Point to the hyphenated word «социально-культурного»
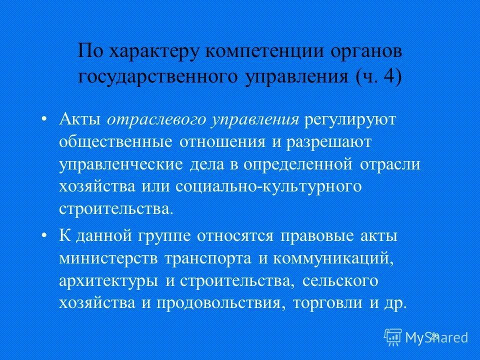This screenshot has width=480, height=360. click(x=268, y=186)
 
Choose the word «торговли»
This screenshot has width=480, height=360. click(x=326, y=303)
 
